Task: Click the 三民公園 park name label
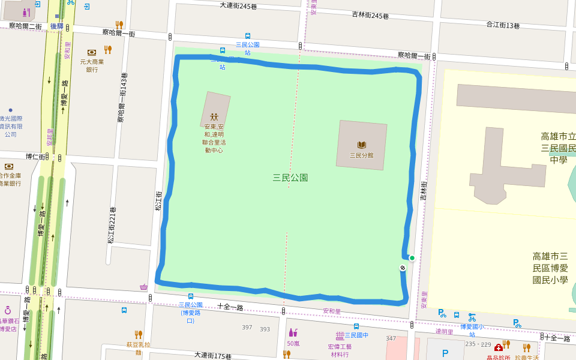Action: click(x=290, y=178)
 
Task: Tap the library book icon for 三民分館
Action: click(x=361, y=145)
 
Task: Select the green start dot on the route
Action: click(x=412, y=258)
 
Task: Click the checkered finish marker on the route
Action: click(x=403, y=268)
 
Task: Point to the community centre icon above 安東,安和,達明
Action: click(x=214, y=117)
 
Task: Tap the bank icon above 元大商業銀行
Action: click(x=92, y=52)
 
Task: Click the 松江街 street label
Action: click(x=158, y=200)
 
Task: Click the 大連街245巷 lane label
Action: click(x=238, y=6)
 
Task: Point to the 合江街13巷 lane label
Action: click(x=502, y=25)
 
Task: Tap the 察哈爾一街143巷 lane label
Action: click(x=122, y=98)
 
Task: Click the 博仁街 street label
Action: click(x=35, y=157)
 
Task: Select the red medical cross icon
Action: click(x=499, y=347)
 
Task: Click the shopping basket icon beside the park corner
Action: click(x=144, y=287)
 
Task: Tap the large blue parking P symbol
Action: click(x=445, y=353)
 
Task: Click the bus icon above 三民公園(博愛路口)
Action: click(x=191, y=296)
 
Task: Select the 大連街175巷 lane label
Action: click(x=212, y=356)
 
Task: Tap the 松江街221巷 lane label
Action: click(x=111, y=225)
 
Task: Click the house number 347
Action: click(x=391, y=339)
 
